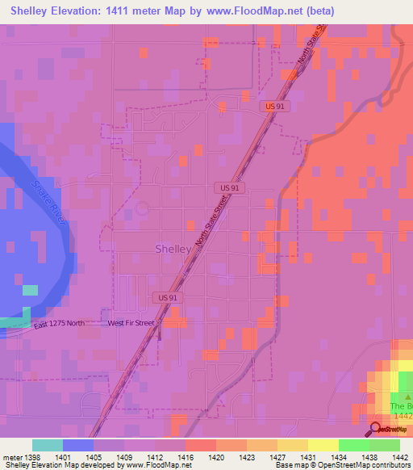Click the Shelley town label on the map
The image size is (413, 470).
click(173, 250)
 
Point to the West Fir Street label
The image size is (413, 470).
click(131, 324)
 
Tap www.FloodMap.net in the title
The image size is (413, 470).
click(261, 10)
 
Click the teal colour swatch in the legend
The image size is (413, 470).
click(47, 445)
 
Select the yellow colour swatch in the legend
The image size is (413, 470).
click(323, 445)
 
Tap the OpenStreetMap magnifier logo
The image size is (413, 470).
click(375, 429)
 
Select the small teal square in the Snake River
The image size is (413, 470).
click(30, 290)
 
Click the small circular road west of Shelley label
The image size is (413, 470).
click(143, 208)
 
